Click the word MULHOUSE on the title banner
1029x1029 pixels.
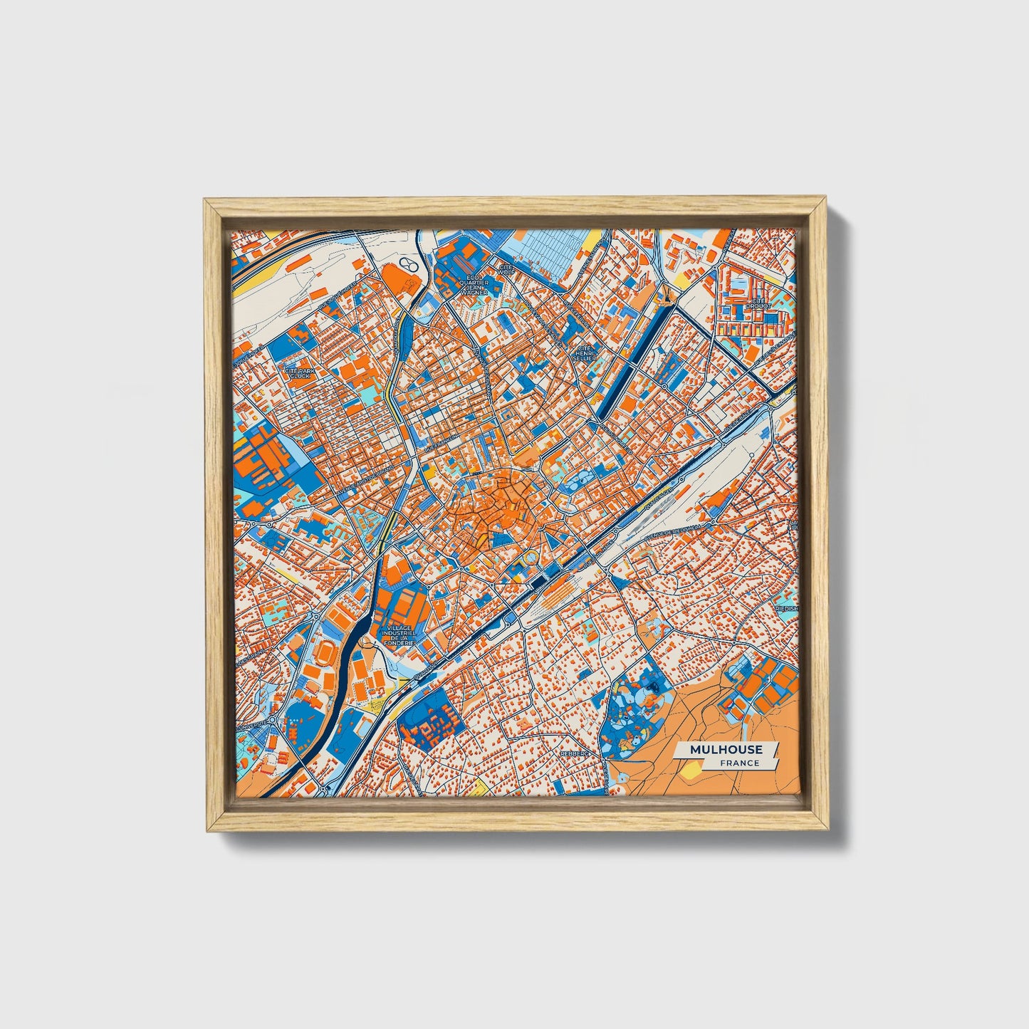tap(726, 749)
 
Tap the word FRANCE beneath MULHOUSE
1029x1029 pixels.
tap(739, 763)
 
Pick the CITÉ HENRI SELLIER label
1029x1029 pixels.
tap(584, 352)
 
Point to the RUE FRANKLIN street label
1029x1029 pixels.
tap(441, 442)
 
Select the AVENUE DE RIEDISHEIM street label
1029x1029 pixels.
tap(674, 531)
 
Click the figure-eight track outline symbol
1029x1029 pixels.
tap(407, 265)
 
